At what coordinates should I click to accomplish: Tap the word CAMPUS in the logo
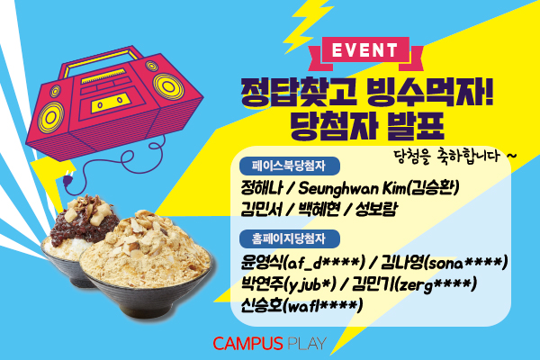pos(247,344)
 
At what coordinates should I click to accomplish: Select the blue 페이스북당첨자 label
pos(290,166)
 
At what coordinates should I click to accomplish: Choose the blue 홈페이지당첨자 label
pos(290,238)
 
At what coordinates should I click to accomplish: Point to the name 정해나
pos(262,188)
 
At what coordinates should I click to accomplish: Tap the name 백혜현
pos(319,209)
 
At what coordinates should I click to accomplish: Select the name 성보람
pos(376,209)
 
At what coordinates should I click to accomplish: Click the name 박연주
pos(262,284)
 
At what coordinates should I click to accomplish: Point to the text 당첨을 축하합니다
pos(446,156)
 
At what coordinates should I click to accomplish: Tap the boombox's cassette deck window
pos(110,102)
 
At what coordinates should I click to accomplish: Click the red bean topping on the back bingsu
pos(80,222)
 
